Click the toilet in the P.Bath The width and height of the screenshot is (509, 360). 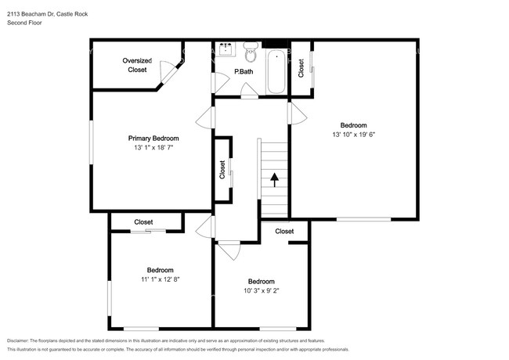click(251, 53)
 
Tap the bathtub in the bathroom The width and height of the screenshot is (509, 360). click(276, 71)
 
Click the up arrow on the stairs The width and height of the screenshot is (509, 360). click(274, 179)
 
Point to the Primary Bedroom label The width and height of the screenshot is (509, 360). click(153, 138)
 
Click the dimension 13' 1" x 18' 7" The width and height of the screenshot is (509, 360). click(153, 147)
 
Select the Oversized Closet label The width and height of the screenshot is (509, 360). click(137, 65)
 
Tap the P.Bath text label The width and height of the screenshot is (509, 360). click(244, 73)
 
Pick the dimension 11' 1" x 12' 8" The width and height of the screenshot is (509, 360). click(161, 279)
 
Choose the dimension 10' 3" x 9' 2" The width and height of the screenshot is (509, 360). click(261, 291)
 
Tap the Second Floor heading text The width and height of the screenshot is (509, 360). click(25, 23)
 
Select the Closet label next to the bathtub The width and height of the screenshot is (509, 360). click(301, 68)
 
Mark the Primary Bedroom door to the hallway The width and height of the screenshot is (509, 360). click(205, 118)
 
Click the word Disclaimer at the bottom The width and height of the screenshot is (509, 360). click(22, 341)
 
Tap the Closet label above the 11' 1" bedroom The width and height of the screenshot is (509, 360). click(143, 222)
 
